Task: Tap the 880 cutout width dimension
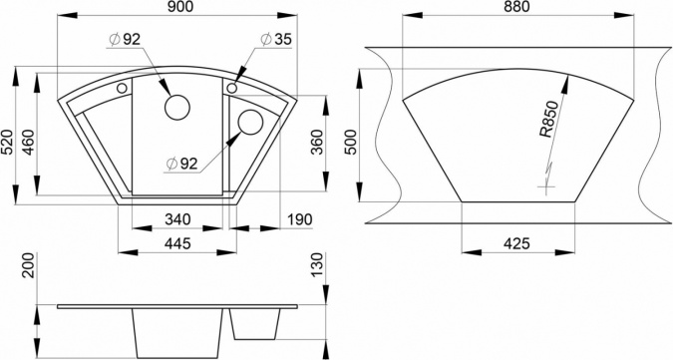coord(516,6)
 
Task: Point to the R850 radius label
coord(549,120)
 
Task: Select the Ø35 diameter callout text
coord(276,39)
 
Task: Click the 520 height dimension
coord(7,142)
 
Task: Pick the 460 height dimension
coord(29,142)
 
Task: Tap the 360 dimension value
coord(316,142)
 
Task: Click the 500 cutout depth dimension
coord(350,142)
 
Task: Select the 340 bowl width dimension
coord(177,219)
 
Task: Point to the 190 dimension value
coord(299,219)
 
